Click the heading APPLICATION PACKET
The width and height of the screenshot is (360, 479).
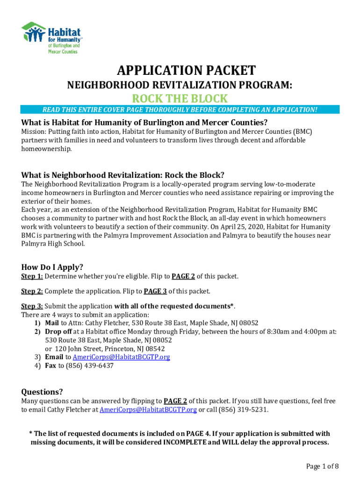click(186, 71)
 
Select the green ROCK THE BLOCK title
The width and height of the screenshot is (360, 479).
click(180, 99)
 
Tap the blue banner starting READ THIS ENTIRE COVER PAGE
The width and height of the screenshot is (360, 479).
click(180, 110)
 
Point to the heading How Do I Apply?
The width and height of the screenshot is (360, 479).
click(52, 267)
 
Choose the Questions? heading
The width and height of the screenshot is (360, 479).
click(42, 392)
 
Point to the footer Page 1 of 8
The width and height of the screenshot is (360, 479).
click(322, 466)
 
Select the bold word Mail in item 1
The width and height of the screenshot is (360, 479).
click(51, 323)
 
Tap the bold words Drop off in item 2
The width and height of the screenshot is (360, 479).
click(58, 332)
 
